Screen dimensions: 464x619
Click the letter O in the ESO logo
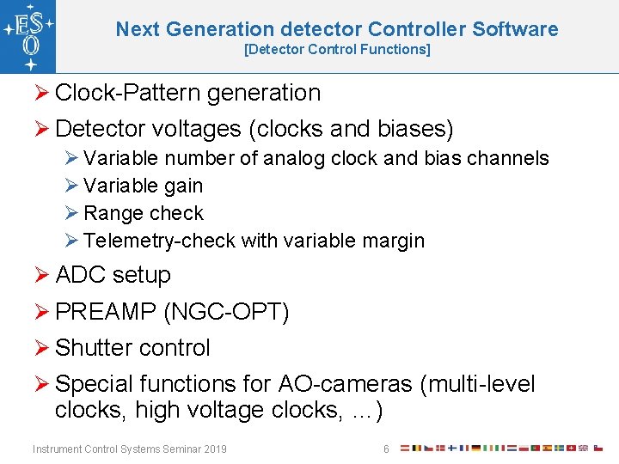(28, 43)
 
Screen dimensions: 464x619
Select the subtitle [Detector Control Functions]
(337, 50)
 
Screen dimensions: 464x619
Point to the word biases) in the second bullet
(415, 129)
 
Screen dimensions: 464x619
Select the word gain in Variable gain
(183, 186)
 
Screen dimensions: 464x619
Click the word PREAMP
(105, 311)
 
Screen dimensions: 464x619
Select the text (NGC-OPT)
(226, 311)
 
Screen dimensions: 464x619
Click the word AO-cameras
(345, 384)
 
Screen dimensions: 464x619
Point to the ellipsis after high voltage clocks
(367, 411)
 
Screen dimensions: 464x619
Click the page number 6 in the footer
(386, 449)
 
